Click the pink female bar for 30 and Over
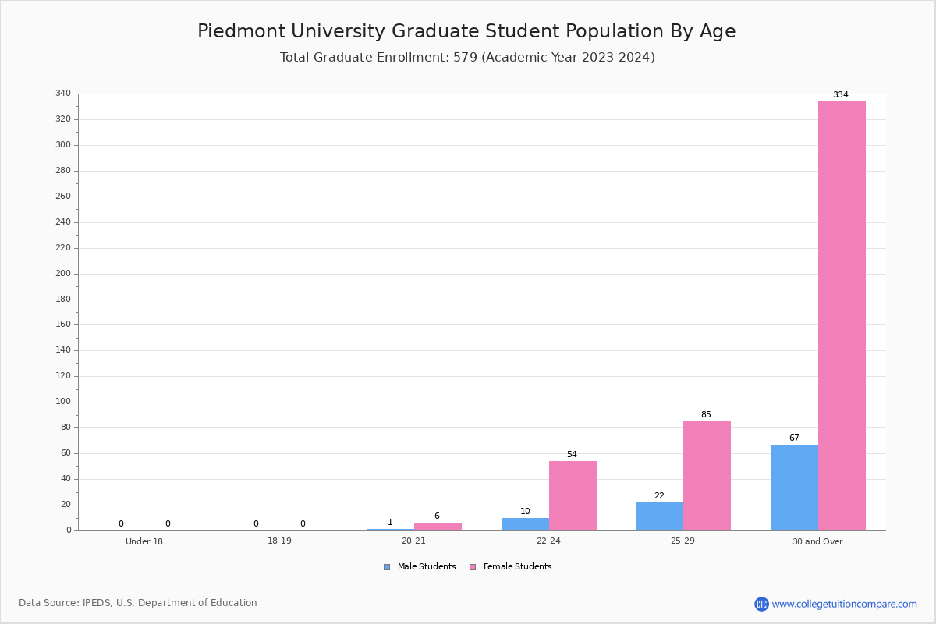(842, 316)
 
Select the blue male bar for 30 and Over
(794, 487)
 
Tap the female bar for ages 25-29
(707, 476)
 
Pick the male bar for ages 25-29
(659, 516)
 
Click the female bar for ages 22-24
(573, 495)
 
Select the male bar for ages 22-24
(525, 524)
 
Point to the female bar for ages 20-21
(438, 526)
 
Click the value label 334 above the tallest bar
(840, 95)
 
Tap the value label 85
(706, 415)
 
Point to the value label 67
(794, 438)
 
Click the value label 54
(572, 455)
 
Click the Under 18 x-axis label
(144, 541)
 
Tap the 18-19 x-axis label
(279, 541)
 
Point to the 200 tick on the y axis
(63, 274)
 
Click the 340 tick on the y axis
(63, 94)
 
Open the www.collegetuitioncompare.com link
(844, 604)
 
